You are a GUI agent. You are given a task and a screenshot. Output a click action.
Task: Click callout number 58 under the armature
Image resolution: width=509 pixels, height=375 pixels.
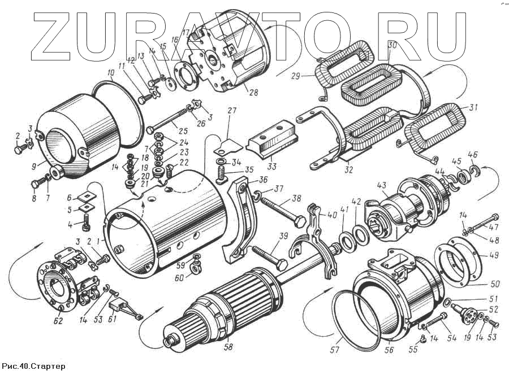point(228,347)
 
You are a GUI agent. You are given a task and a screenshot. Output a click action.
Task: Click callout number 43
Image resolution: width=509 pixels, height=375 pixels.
point(382,185)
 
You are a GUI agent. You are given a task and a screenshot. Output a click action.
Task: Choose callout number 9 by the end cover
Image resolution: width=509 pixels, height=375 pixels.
point(35,165)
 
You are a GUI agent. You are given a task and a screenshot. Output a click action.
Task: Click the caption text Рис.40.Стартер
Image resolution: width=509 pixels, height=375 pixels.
point(33,367)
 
